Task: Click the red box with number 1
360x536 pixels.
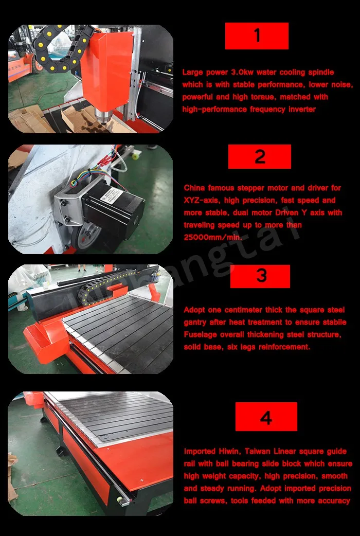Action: pyautogui.click(x=257, y=36)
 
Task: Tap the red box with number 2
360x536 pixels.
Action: pyautogui.click(x=260, y=156)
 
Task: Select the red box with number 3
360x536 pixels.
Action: pyautogui.click(x=260, y=276)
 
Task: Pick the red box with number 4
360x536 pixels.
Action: pyautogui.click(x=266, y=416)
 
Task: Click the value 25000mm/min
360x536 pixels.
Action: pyautogui.click(x=212, y=237)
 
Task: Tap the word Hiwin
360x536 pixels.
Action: pyautogui.click(x=231, y=451)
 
